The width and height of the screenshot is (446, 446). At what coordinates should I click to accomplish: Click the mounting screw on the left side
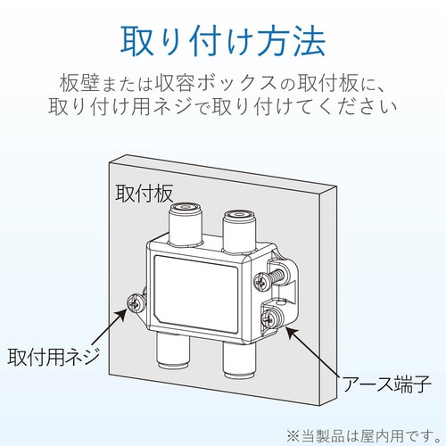[x=138, y=302]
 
